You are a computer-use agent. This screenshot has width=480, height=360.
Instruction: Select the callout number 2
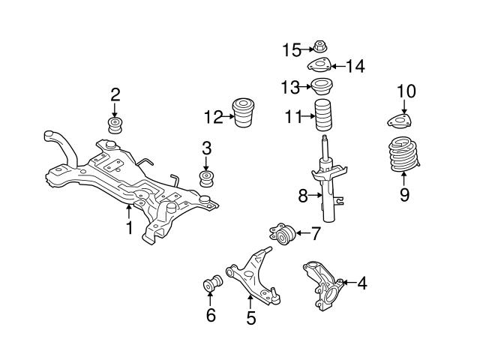click(115, 94)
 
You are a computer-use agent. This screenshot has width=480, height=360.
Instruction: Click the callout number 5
click(251, 318)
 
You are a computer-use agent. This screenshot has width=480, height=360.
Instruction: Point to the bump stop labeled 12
click(244, 113)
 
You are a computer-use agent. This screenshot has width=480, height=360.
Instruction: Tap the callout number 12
click(214, 116)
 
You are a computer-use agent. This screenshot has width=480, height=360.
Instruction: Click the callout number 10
click(406, 92)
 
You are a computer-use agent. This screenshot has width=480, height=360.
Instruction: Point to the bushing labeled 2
click(115, 124)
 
